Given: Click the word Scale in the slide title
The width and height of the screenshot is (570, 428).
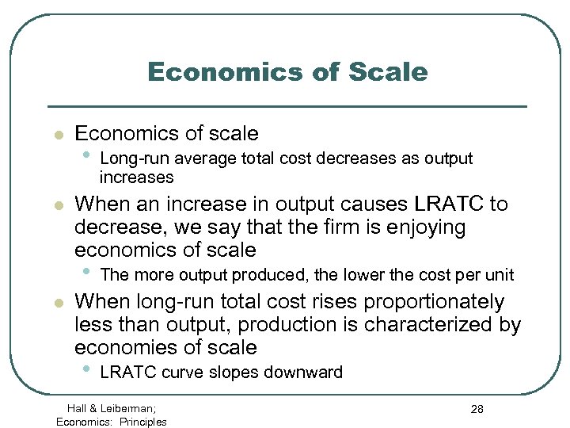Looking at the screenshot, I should point(389,72).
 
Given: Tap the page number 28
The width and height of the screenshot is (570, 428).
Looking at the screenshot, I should point(477,409).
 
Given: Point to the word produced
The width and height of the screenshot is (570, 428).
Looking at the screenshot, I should point(279,276).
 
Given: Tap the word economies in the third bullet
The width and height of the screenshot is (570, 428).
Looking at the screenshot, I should point(116,348).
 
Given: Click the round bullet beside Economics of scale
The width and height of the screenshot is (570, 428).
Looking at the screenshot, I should point(57,136).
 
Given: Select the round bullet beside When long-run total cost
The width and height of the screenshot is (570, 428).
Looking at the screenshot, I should point(57,304).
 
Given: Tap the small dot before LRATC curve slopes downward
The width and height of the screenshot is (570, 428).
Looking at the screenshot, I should point(88,369).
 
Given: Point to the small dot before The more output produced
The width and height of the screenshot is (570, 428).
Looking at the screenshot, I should point(88,273).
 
